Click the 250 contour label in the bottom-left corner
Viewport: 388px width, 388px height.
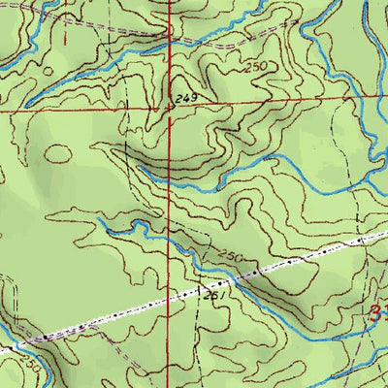(x=31, y=363)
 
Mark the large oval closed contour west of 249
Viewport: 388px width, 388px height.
(x=58, y=153)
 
